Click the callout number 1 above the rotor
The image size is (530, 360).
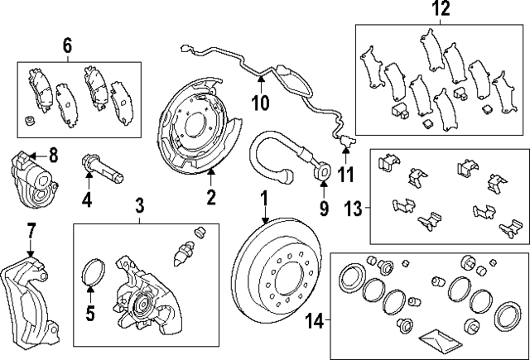coord(265,199)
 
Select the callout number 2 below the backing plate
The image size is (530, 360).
coord(211,197)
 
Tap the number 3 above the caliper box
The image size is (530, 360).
coord(139,204)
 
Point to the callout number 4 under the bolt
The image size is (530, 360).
coord(87,199)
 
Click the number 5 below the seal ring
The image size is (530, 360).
coord(90,314)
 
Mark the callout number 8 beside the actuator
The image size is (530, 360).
coord(53,154)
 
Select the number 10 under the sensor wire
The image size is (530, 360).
coord(261,103)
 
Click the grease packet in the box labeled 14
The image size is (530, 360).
coord(436,338)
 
